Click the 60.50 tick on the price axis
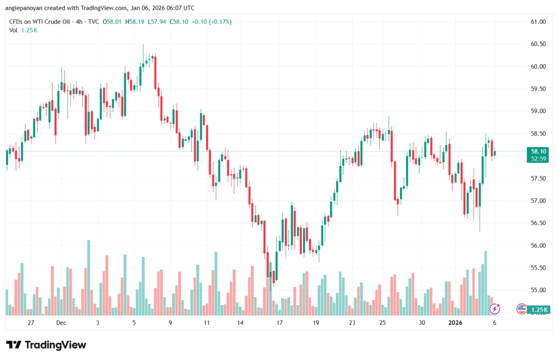[x=537, y=44]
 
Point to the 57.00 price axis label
[x=537, y=200]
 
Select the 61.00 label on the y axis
[x=537, y=22]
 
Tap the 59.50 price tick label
[x=537, y=89]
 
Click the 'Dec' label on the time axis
[x=60, y=323]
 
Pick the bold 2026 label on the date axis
[x=456, y=323]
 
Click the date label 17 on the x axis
[x=280, y=323]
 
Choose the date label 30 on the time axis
[x=422, y=323]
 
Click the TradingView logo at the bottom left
[x=46, y=345]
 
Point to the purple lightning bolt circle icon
[x=495, y=309]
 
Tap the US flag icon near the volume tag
[x=521, y=309]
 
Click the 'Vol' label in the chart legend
[x=14, y=30]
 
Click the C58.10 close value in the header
[x=179, y=22]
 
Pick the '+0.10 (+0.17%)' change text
[x=212, y=22]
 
